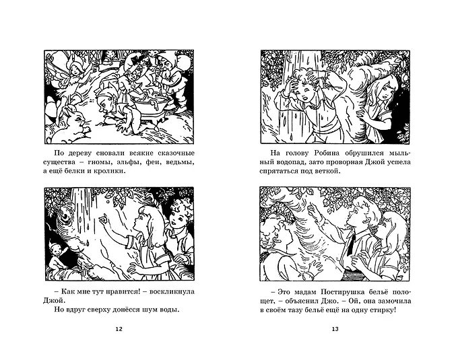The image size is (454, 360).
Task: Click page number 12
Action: [x=119, y=329]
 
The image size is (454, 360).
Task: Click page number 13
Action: [x=335, y=329]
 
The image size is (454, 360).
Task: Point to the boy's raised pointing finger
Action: [x=311, y=207]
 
